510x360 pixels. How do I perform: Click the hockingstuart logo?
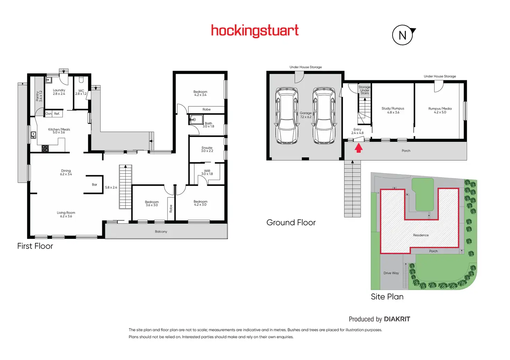click(255, 31)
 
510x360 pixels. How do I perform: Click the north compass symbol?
click(403, 35)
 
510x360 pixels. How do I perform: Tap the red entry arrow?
click(359, 148)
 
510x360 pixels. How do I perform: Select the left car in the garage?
click(287, 116)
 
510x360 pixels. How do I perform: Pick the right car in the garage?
click(324, 116)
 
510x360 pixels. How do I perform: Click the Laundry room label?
click(59, 92)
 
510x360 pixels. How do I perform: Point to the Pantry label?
click(39, 96)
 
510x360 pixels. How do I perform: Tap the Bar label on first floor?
click(95, 184)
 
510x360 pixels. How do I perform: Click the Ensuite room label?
click(207, 149)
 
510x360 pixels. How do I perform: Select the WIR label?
click(207, 172)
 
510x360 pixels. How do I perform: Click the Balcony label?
click(161, 232)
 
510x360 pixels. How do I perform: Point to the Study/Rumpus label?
click(393, 110)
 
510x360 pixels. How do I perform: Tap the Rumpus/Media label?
click(440, 110)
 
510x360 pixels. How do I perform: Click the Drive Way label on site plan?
click(391, 273)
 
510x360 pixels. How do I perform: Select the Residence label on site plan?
click(421, 235)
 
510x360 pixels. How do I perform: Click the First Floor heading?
click(35, 246)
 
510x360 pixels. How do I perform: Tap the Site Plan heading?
click(387, 297)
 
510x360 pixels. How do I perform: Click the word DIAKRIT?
click(397, 319)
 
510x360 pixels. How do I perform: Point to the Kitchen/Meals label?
click(59, 130)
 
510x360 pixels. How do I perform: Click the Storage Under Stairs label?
click(364, 90)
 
